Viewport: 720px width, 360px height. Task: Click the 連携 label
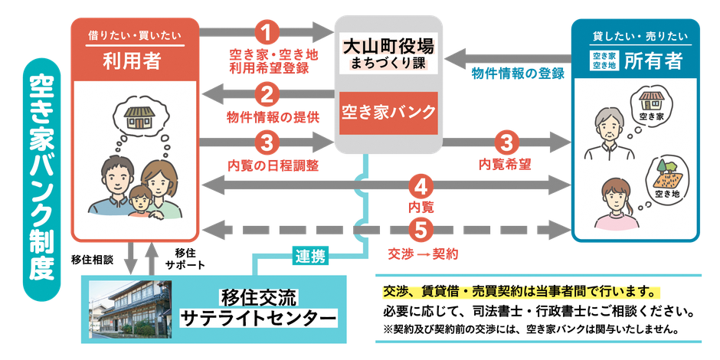coord(309,256)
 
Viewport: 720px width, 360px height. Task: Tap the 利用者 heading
coord(132,61)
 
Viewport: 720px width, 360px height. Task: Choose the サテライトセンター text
coord(258,318)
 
